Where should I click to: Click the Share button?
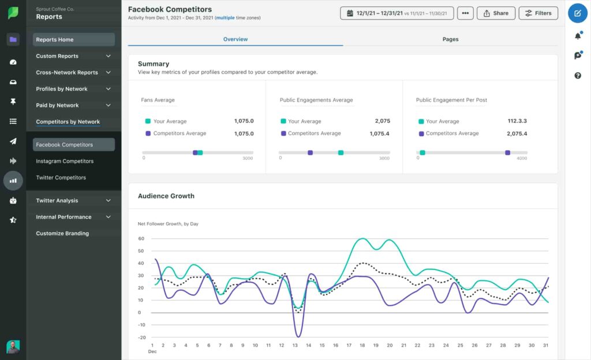pos(496,13)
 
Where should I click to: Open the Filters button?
pos(538,13)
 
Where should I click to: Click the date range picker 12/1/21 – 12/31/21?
pos(397,13)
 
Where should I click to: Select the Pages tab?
pos(450,39)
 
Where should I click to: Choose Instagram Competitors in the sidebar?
pos(65,161)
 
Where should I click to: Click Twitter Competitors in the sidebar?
pos(61,178)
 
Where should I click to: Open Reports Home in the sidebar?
pos(54,40)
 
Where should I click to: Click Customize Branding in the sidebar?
pos(62,234)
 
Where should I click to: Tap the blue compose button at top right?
pos(577,13)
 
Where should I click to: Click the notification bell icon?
pos(578,36)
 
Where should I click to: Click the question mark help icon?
pos(578,76)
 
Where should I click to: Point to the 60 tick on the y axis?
pos(140,238)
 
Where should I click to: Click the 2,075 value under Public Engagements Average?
pos(382,121)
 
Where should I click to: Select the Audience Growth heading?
pos(166,196)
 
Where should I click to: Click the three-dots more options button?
pos(465,13)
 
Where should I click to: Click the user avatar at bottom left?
pos(13,346)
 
